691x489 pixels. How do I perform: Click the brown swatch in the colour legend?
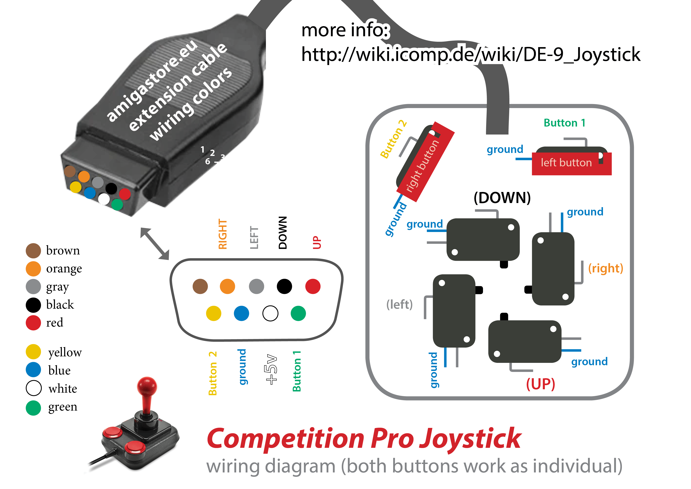[x=33, y=251]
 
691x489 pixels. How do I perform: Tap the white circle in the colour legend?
[x=33, y=388]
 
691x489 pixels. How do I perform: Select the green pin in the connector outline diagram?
[x=298, y=313]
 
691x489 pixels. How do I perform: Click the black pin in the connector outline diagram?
[x=284, y=286]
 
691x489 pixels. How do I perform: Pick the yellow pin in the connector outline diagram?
[x=213, y=313]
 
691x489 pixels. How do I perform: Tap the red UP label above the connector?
[x=317, y=242]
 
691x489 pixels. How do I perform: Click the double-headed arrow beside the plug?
[x=155, y=244]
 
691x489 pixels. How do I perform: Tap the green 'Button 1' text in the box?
[x=564, y=123]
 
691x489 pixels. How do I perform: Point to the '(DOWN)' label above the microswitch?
[x=502, y=198]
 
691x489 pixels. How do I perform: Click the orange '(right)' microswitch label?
[x=606, y=268]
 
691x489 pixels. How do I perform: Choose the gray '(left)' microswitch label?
[x=399, y=305]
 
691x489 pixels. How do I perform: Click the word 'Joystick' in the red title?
[x=470, y=439]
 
